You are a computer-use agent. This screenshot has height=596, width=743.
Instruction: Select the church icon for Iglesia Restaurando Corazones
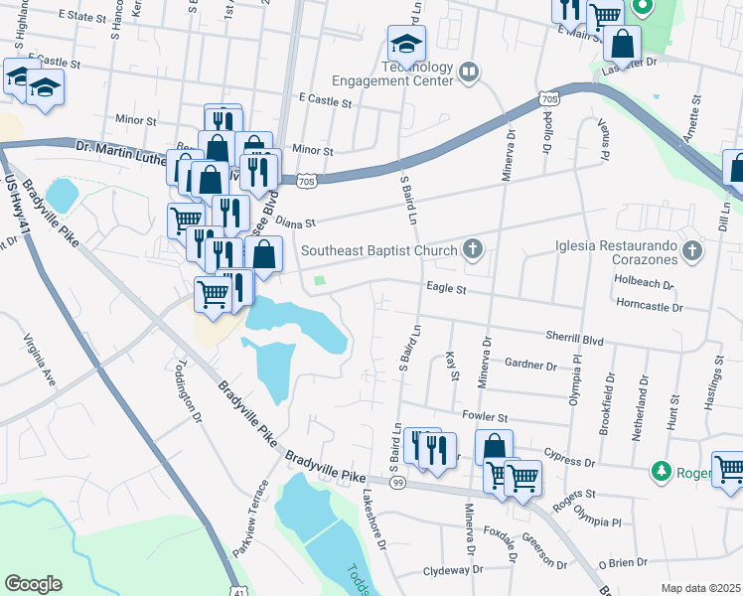(x=694, y=251)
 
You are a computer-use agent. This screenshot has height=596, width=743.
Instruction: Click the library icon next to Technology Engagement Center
(x=468, y=71)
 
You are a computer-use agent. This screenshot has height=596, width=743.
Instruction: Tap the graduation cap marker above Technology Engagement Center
(x=406, y=44)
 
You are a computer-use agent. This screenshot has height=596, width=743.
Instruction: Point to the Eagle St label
(x=446, y=289)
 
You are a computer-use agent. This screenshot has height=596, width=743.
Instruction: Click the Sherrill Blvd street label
(x=574, y=339)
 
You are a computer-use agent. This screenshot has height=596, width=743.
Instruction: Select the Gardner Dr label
(x=530, y=365)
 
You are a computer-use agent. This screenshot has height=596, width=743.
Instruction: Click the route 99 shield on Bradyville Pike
(x=397, y=482)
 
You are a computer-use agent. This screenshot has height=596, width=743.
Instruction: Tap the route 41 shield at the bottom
(x=238, y=590)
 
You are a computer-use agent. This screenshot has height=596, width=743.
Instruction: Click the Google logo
(x=33, y=584)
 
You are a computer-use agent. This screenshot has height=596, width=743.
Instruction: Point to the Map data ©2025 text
(x=700, y=588)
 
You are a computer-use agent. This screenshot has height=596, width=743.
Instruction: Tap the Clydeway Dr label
(x=452, y=570)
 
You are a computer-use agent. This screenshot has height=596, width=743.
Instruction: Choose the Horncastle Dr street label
(x=651, y=308)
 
